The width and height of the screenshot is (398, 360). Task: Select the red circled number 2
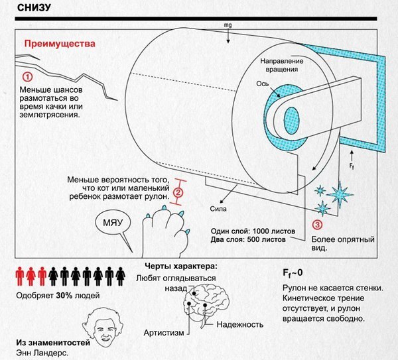[x=178, y=194]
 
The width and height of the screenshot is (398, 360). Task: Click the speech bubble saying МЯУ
[x=111, y=223]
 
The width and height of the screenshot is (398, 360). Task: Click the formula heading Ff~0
[x=293, y=273]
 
